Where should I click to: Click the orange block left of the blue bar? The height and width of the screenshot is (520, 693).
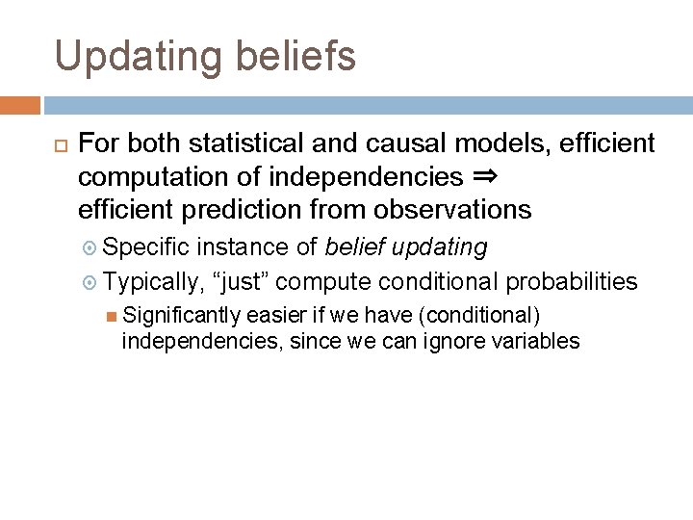[x=20, y=105]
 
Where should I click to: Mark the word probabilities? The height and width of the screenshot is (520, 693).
[x=572, y=281]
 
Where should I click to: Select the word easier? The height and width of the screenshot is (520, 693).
[x=275, y=315]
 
